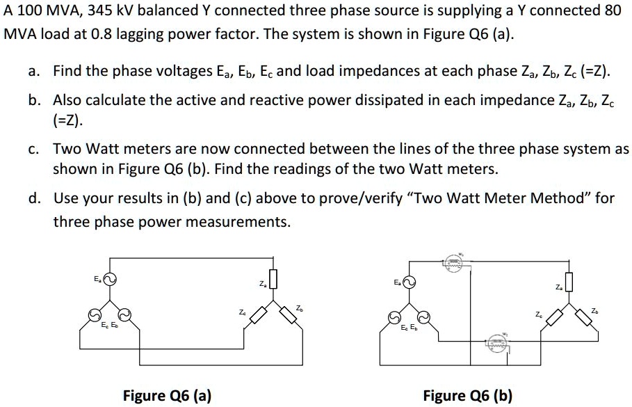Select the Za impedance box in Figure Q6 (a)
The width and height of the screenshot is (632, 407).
(x=273, y=280)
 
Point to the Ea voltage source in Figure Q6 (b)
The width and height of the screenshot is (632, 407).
(x=409, y=282)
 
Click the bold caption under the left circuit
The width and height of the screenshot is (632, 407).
(x=167, y=396)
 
